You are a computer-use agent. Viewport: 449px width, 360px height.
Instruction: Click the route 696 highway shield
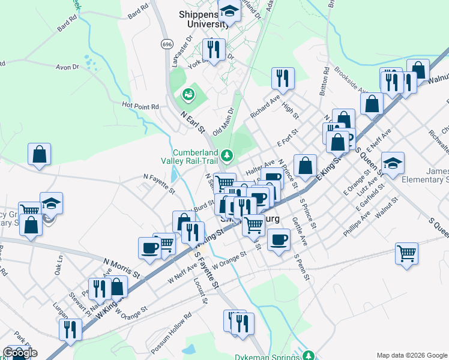coord(167,44)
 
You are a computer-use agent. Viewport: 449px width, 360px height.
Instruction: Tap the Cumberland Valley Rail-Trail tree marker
coord(227,156)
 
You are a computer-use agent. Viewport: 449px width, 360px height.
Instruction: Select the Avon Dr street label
coord(67,67)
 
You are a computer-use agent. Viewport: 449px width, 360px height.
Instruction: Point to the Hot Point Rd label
coord(140,106)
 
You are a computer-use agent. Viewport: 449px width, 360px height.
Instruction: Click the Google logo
coord(20,353)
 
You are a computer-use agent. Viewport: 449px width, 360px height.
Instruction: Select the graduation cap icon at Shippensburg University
coord(229,11)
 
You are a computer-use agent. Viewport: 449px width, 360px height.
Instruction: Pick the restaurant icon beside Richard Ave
coord(282,77)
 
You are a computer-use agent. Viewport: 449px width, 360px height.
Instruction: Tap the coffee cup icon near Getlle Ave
coord(278,240)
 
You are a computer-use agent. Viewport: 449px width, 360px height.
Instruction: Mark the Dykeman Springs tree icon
coord(308,355)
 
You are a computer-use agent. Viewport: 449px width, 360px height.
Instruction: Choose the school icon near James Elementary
coord(393,163)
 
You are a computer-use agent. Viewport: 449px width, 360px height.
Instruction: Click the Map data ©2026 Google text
coord(411,355)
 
